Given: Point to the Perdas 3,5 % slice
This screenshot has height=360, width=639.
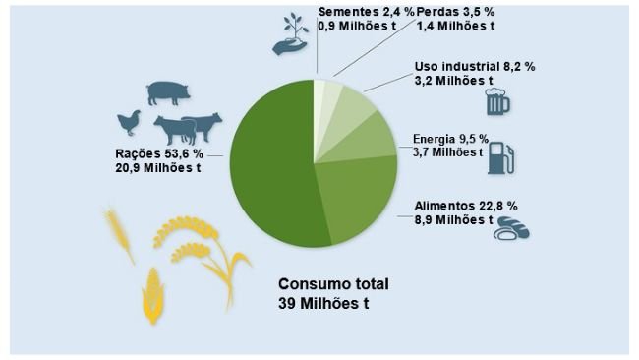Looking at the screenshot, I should (331, 90).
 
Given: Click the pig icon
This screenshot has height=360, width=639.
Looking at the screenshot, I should (167, 92).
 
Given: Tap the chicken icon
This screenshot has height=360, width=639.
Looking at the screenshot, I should (129, 122).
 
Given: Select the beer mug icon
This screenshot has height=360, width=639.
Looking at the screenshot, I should (498, 103).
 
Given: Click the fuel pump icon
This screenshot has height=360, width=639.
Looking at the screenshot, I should (501, 157).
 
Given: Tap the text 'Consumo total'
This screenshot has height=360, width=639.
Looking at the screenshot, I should (333, 283).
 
